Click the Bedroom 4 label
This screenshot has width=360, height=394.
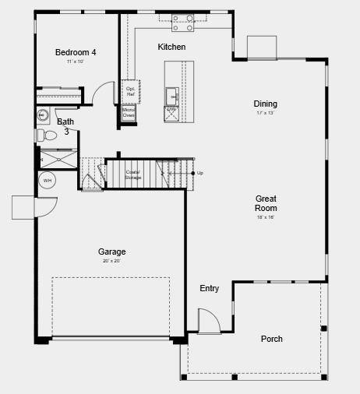click(76, 53)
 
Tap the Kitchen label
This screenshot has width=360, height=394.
click(171, 47)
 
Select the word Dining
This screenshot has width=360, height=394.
click(265, 104)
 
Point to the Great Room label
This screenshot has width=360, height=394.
click(266, 203)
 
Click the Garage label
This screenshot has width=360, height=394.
click(111, 252)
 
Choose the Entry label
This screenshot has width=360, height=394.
click(209, 289)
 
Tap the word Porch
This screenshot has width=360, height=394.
click(272, 339)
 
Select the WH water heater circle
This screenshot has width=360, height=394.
click(48, 181)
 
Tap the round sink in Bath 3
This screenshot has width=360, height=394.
click(43, 116)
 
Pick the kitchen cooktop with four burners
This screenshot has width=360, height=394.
click(183, 23)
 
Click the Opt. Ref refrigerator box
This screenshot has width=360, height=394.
click(130, 91)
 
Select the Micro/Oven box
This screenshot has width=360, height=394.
click(129, 113)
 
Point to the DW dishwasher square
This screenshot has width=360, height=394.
click(171, 111)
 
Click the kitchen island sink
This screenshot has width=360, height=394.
click(171, 96)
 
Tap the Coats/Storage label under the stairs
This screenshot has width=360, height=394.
click(133, 174)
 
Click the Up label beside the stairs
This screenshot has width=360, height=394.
click(200, 173)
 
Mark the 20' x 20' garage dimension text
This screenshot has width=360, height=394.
click(111, 261)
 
